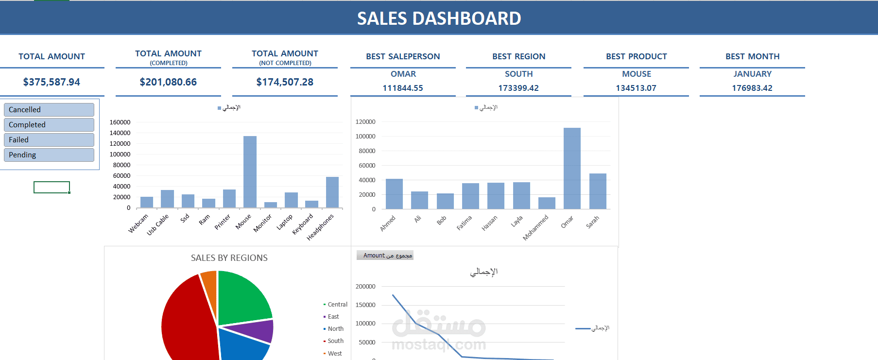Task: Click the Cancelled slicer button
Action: click(49, 110)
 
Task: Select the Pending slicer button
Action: click(49, 155)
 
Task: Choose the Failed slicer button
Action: click(49, 140)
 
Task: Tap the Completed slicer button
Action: click(49, 125)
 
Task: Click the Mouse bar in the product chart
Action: click(250, 172)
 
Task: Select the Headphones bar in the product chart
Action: click(332, 192)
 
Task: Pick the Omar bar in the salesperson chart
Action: click(572, 168)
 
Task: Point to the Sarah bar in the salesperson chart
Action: click(598, 191)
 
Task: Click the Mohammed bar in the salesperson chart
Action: click(547, 203)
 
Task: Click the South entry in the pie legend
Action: click(335, 341)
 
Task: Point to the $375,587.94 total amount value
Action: click(52, 82)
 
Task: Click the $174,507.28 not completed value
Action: click(285, 82)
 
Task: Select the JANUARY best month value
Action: click(752, 74)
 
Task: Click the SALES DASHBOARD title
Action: click(439, 18)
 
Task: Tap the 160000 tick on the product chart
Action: click(120, 122)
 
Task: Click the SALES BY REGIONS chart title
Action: click(229, 258)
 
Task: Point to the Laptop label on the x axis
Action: click(285, 222)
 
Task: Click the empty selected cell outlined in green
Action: click(52, 187)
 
